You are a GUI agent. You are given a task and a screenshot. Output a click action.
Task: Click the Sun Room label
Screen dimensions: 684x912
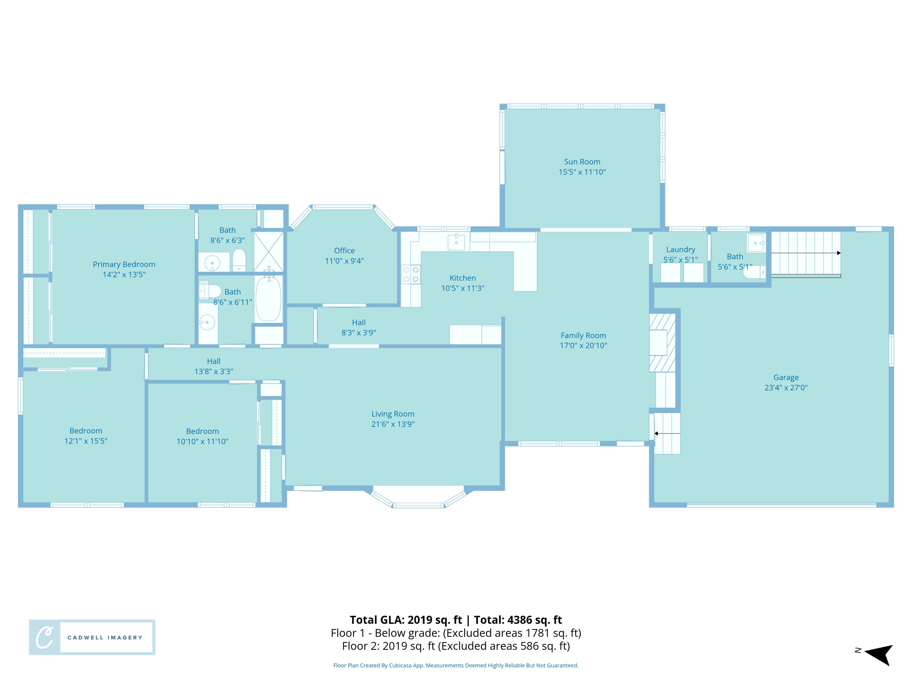coord(582,162)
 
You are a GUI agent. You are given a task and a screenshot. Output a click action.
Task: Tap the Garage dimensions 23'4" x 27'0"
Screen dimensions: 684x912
coord(786,388)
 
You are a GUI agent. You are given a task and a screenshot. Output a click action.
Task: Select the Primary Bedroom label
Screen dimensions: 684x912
coord(124,264)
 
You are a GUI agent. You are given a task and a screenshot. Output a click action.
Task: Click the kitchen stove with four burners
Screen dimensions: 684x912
coord(411,275)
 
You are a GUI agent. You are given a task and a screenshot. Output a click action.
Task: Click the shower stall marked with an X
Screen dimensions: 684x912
coord(268,251)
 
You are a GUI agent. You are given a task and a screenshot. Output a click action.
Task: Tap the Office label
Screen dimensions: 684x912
coord(344,251)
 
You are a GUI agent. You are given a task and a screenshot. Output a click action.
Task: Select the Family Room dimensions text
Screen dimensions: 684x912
coord(583,346)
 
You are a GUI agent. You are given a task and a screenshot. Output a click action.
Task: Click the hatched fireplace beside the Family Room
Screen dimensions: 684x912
coord(662,342)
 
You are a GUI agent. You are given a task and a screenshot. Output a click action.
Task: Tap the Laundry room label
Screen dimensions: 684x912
coord(680,250)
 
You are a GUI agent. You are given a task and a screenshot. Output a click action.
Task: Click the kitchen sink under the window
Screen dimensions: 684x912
coord(456,242)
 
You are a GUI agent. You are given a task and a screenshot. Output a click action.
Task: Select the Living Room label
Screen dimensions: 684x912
coord(392,414)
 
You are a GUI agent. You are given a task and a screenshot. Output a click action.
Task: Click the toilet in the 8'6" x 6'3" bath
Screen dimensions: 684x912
coord(239,260)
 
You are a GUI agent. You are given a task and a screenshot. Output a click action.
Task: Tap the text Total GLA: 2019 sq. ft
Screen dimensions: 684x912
coord(406,620)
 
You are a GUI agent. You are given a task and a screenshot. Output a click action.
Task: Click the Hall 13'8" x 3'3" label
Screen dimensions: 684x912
coord(214,366)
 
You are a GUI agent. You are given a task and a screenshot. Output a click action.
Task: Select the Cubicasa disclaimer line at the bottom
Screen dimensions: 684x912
coord(456,665)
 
